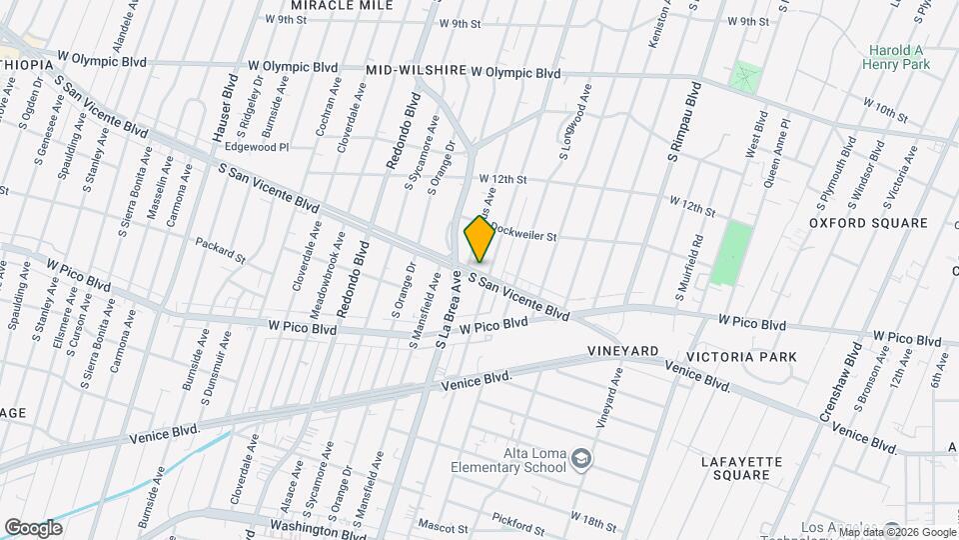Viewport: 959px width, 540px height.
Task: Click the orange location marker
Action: (479, 238)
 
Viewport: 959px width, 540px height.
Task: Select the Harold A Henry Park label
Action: (896, 57)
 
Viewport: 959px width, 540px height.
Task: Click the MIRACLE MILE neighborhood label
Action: (341, 6)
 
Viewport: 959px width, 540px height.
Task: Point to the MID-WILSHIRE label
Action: (417, 71)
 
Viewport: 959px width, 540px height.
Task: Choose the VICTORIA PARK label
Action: (741, 357)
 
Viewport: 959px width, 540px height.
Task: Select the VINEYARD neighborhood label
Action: (622, 351)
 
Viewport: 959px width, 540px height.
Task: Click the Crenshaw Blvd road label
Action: (841, 384)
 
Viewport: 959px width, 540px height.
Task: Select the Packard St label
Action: (220, 250)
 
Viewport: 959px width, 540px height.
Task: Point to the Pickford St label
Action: (518, 523)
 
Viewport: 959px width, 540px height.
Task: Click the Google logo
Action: (33, 527)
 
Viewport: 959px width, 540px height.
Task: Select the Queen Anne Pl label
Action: (777, 155)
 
